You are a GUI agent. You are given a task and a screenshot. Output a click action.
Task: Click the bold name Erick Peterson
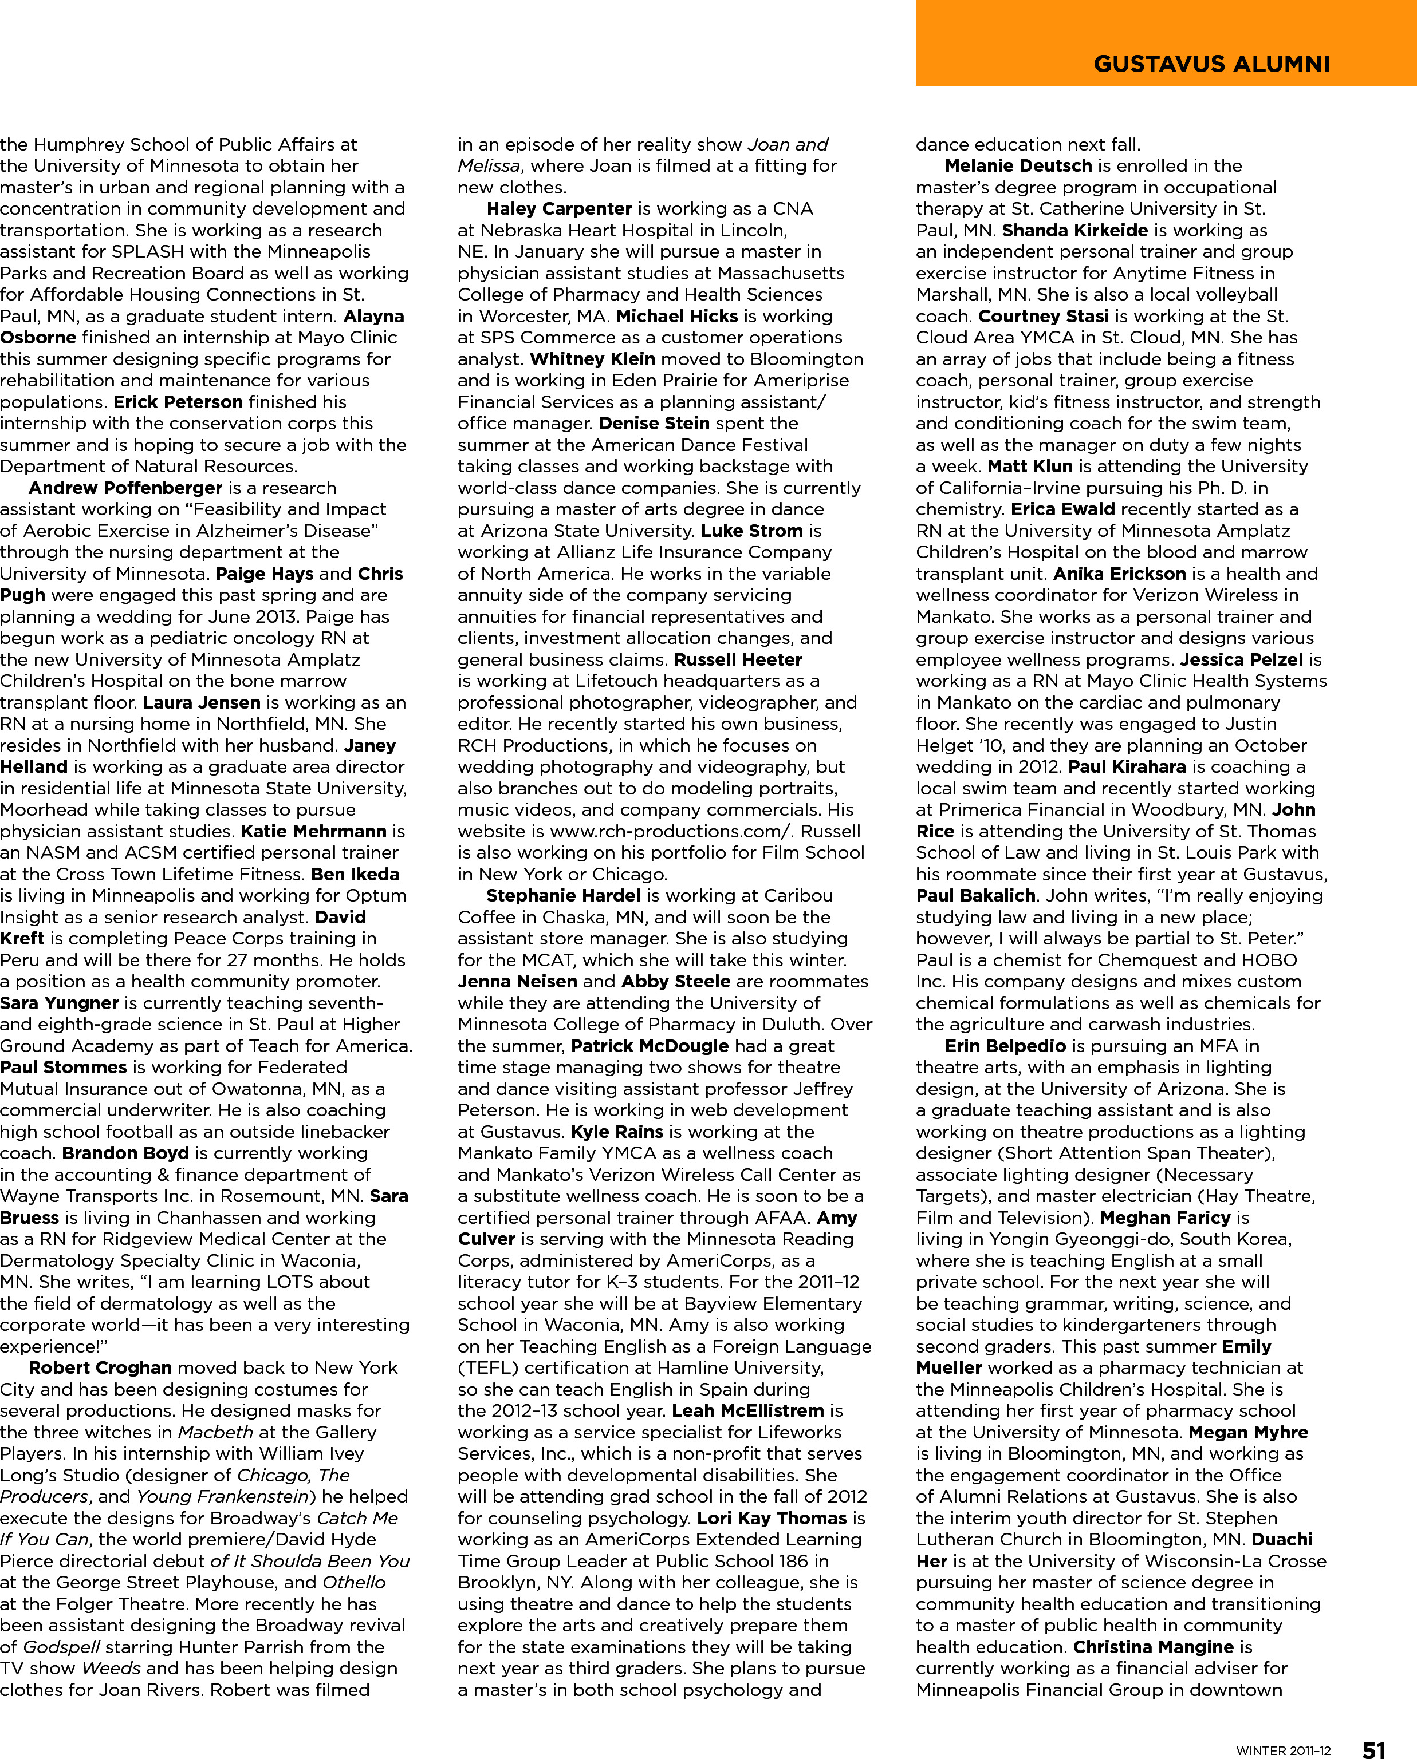[178, 402]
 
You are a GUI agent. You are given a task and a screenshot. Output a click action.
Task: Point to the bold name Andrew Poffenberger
[125, 488]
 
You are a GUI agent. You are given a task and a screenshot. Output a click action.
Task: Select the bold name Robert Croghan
[100, 1368]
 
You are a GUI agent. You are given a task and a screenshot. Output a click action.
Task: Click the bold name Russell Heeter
[738, 659]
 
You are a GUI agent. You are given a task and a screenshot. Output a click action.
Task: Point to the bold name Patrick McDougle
[650, 1046]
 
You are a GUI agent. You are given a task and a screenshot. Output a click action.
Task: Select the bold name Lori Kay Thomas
[772, 1519]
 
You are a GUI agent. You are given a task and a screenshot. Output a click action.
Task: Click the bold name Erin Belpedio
[1005, 1046]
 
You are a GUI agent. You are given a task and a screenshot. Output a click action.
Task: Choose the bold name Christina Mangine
[1152, 1647]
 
